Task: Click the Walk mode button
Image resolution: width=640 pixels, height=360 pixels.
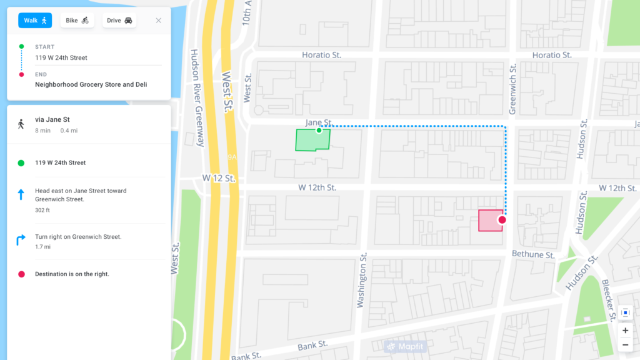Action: [35, 21]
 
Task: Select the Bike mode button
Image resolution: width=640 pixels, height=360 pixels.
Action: [77, 21]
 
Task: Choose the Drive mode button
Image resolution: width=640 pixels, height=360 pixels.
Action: [119, 21]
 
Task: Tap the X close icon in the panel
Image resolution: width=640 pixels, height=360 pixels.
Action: [159, 21]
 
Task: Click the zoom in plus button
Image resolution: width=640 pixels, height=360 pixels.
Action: [625, 330]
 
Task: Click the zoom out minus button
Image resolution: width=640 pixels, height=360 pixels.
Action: [625, 345]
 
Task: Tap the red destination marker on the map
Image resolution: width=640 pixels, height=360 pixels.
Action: [502, 220]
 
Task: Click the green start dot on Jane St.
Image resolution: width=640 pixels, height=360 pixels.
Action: [319, 130]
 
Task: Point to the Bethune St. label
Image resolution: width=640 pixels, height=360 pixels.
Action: [533, 255]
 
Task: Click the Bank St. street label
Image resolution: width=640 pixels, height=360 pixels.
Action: [312, 345]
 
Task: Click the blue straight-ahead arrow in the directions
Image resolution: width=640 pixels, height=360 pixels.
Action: [21, 195]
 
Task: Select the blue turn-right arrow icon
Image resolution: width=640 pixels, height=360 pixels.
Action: [21, 239]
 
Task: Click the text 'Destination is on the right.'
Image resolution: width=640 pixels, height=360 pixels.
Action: [72, 274]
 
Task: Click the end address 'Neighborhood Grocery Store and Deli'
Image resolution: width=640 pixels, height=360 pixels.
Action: [91, 84]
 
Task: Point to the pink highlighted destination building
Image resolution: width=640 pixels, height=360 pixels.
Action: [489, 221]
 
